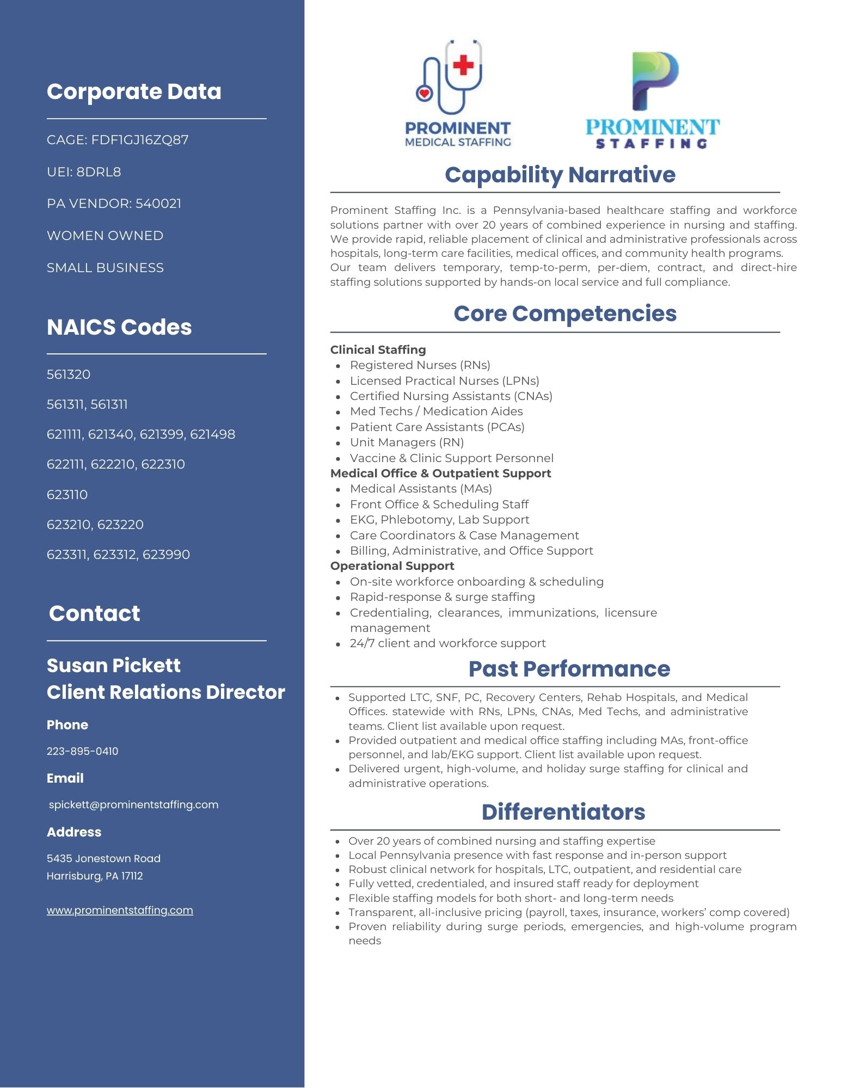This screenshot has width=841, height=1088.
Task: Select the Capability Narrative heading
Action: (560, 175)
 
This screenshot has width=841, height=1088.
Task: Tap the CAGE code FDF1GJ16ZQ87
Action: (140, 140)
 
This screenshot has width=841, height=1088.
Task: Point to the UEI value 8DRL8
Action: (99, 172)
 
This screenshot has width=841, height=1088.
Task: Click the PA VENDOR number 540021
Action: (158, 204)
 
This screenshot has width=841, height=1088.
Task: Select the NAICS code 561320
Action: (69, 374)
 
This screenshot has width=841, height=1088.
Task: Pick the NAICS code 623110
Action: (67, 495)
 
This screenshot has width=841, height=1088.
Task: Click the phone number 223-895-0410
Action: (82, 751)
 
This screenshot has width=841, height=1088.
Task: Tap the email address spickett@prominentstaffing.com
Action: (133, 804)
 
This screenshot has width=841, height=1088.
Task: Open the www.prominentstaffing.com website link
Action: (120, 910)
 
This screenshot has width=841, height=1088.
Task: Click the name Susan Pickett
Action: (113, 665)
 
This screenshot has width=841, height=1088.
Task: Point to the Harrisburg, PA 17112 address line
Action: (95, 876)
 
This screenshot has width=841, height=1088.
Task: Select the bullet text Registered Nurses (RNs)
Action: (420, 365)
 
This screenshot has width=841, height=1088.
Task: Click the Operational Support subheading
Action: (392, 566)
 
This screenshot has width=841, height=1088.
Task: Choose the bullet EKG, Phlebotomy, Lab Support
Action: (439, 520)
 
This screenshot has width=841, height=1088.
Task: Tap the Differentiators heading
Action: (563, 812)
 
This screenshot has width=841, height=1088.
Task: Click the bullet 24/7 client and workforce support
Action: (447, 643)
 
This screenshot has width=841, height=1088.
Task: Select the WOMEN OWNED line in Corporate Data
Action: (105, 236)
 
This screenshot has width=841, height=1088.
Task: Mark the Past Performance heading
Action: (569, 669)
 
